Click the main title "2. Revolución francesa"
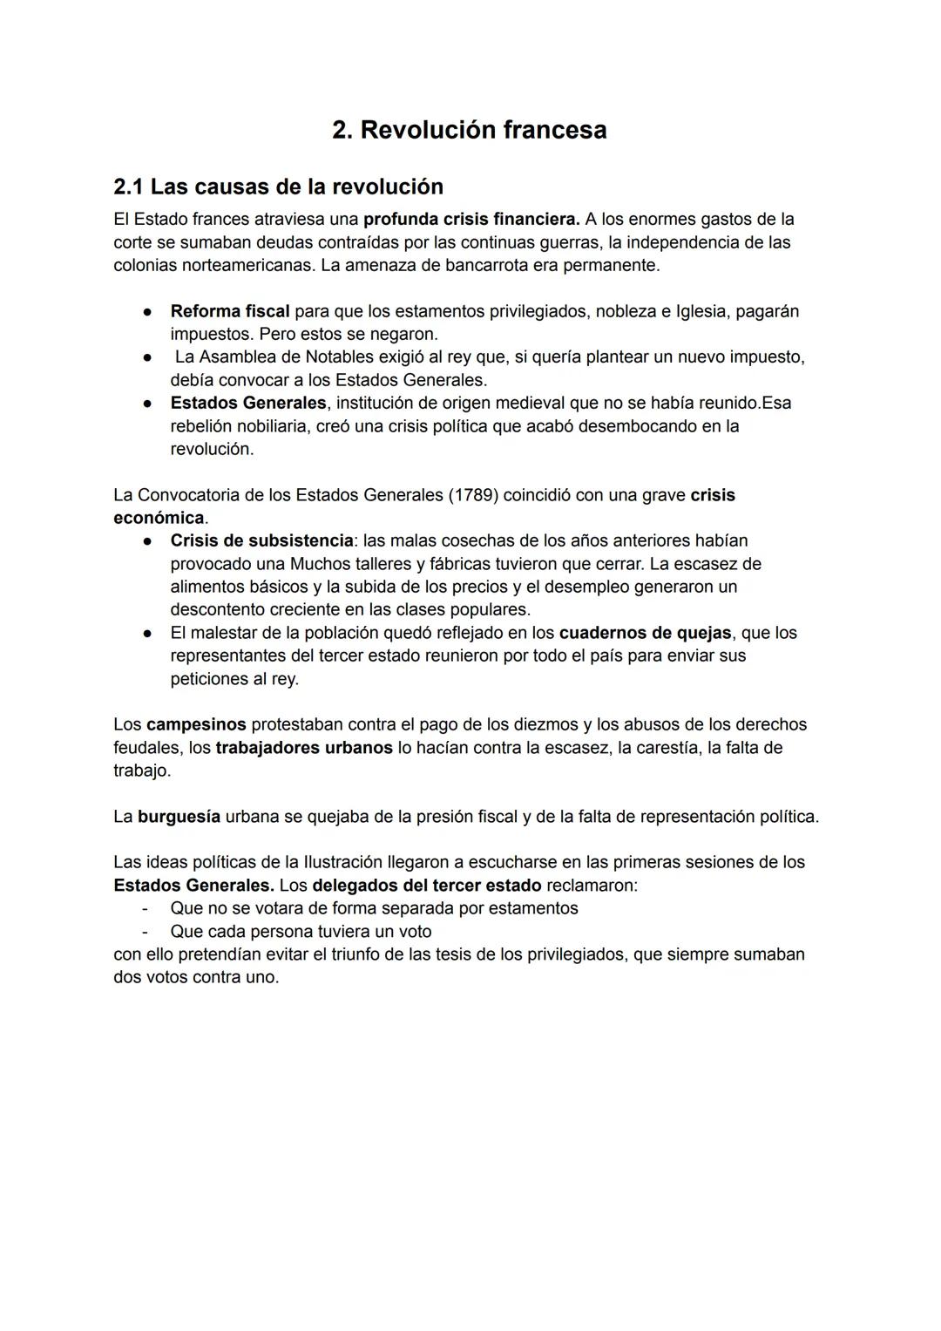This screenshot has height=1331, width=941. point(470,130)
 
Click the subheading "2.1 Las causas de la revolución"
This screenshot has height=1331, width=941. point(279,187)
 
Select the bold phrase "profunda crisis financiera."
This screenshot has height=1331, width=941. point(471,219)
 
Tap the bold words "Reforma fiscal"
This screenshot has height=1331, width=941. point(230,311)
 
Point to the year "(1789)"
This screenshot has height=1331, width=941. point(475,495)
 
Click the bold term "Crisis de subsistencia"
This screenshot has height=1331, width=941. point(262,540)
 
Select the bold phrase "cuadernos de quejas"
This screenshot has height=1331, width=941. point(645,633)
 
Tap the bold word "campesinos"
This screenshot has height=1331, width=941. point(196,724)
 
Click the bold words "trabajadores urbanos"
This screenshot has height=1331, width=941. point(304,748)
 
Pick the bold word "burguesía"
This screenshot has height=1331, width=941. point(179,817)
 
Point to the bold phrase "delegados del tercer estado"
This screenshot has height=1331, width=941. point(427,886)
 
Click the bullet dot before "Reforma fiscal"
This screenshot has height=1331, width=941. point(150,311)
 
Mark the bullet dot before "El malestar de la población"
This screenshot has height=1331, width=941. point(150,633)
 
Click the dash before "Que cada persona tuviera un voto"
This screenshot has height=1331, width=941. point(146,931)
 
